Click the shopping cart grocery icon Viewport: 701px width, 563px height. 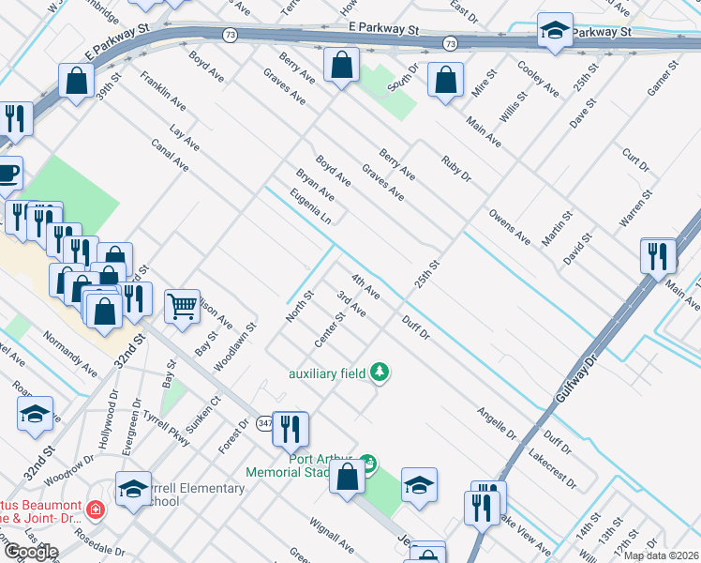coord(182,305)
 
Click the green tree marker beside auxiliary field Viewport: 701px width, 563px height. coord(380,373)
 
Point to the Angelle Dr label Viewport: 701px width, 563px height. coord(497,423)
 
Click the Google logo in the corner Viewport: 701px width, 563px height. coord(30,552)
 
